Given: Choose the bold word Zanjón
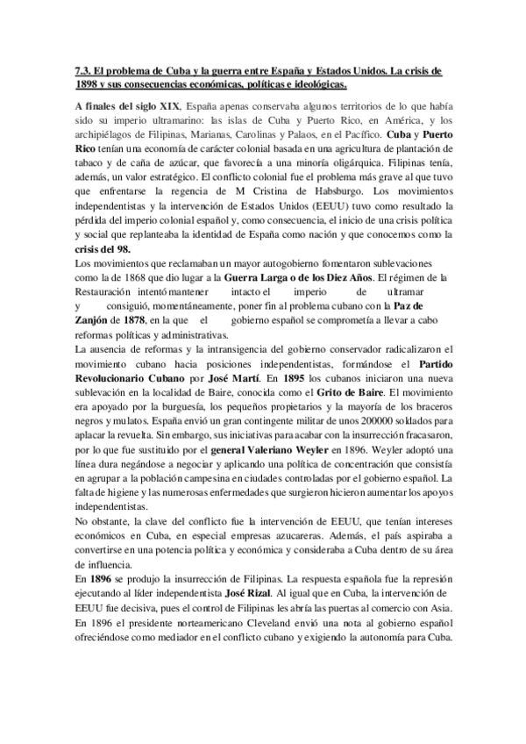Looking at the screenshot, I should coord(94,320).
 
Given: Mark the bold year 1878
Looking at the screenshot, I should coord(135,320).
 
